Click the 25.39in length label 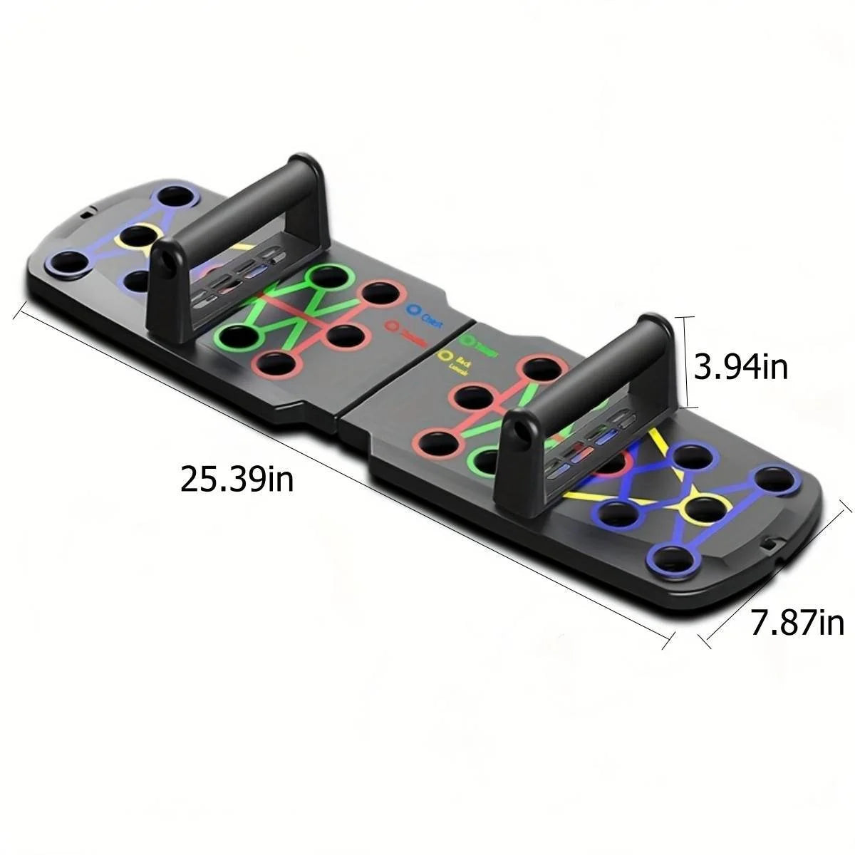pos(237,478)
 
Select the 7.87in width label pos(797,622)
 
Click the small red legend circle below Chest pos(391,326)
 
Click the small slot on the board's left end pos(86,212)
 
